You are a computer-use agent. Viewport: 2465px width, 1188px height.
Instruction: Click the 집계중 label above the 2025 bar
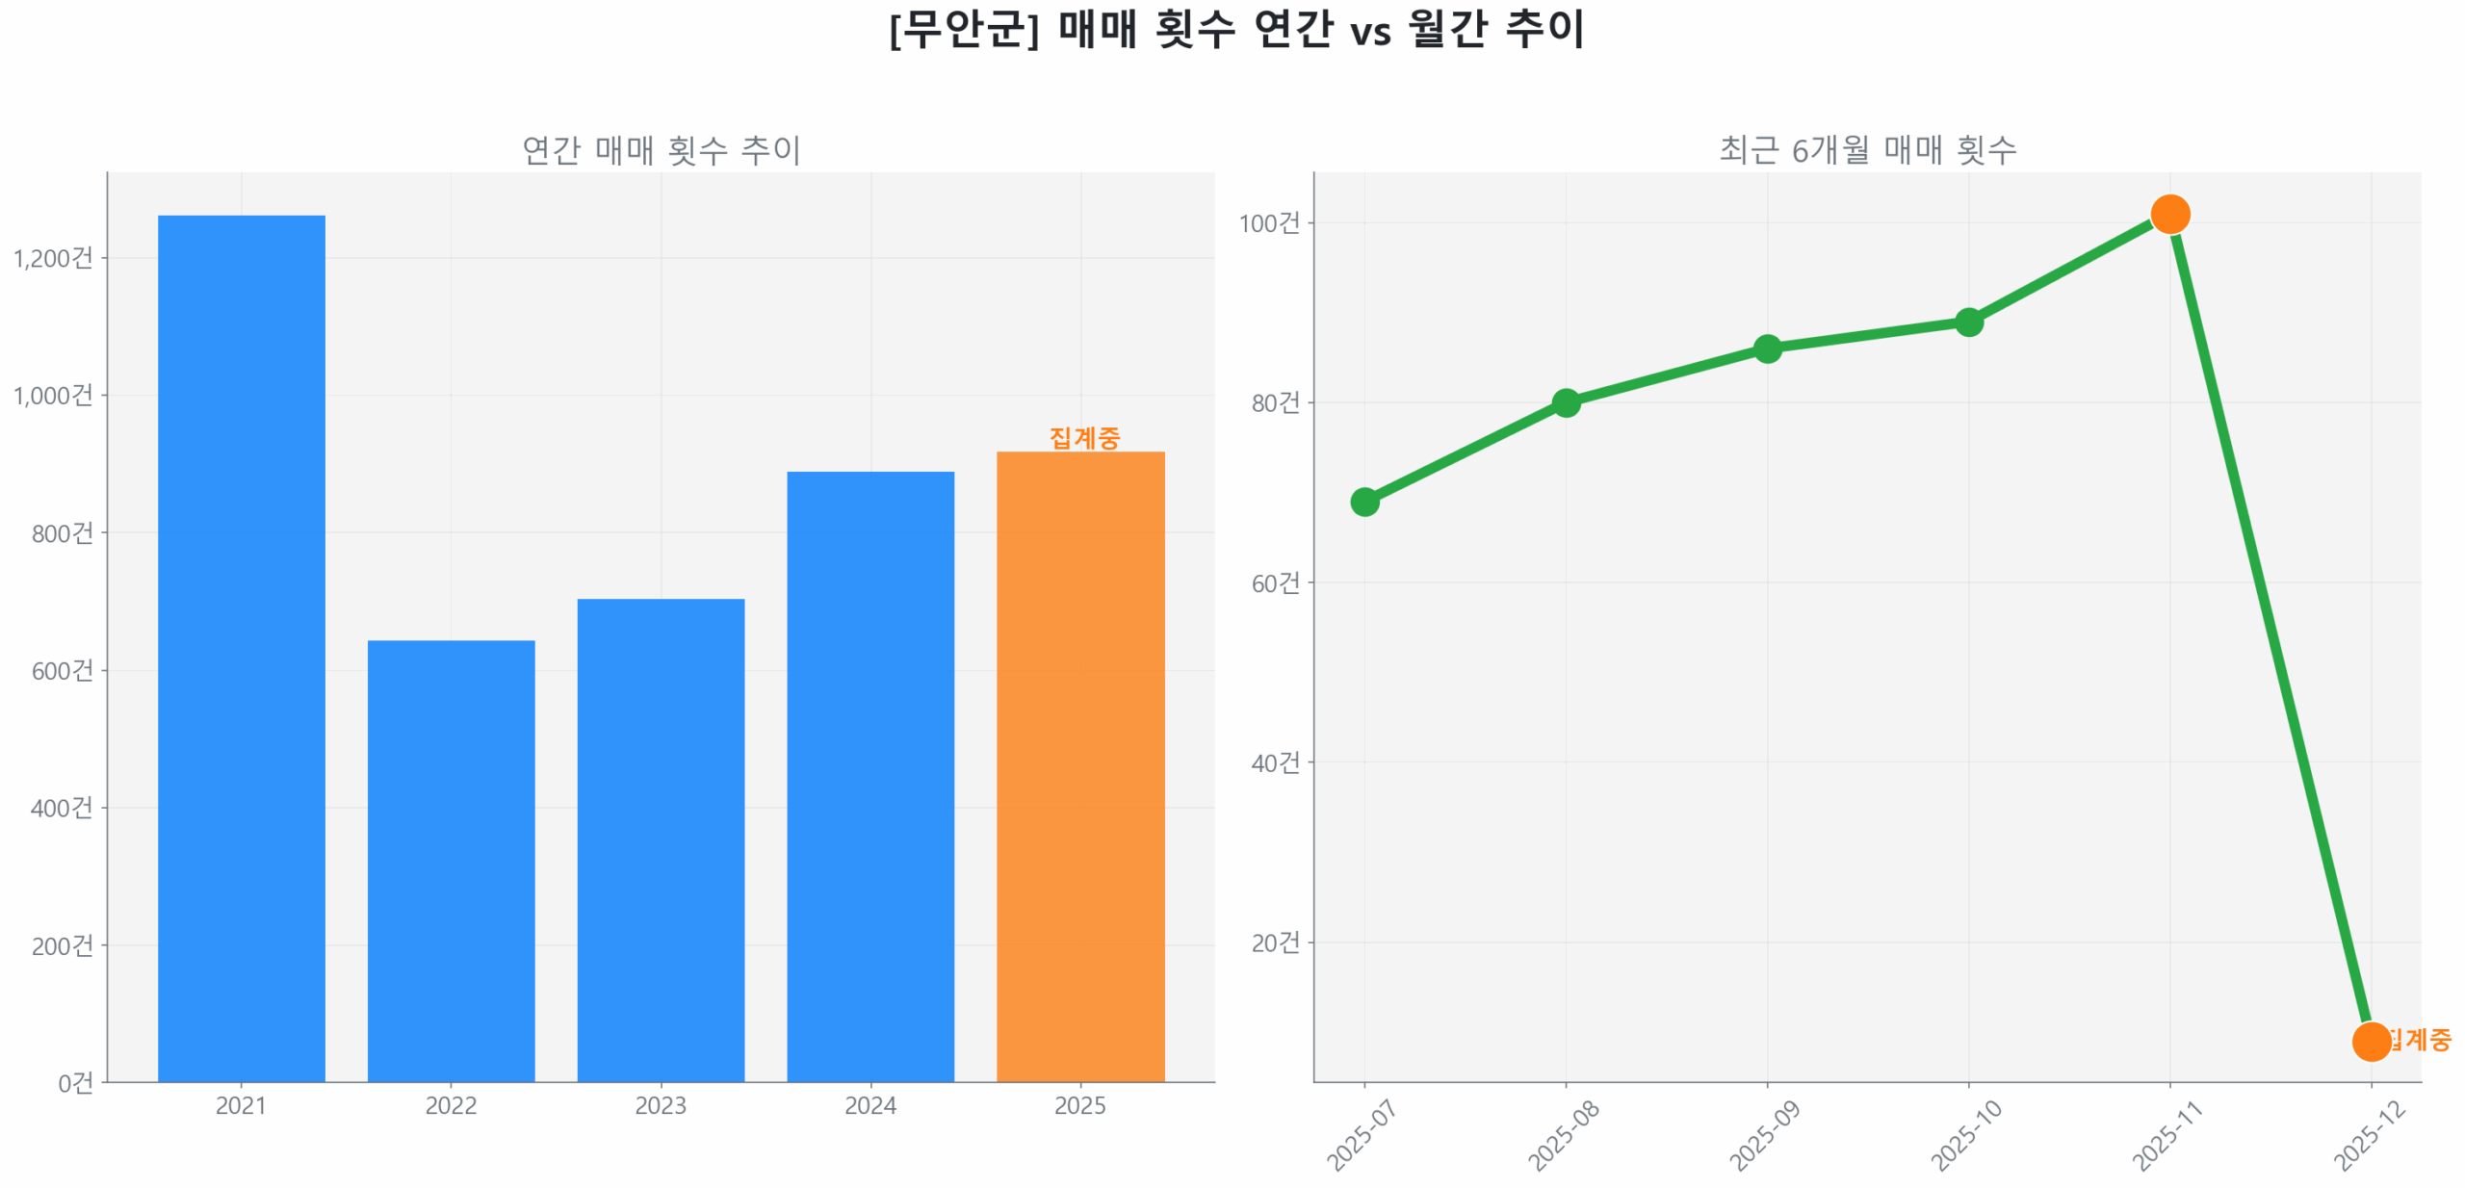(1084, 438)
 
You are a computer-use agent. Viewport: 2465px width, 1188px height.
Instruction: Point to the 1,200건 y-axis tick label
(53, 258)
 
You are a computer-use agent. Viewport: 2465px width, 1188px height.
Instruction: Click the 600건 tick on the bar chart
(63, 670)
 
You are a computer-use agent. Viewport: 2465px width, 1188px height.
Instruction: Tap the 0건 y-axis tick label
(75, 1083)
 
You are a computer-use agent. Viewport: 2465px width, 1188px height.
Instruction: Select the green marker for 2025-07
(1364, 502)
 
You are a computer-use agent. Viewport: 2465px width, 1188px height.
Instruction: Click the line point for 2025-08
(1566, 402)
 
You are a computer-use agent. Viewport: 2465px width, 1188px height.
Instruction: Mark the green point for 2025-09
(1767, 349)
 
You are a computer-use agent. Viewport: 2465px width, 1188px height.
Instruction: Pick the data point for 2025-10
(1968, 322)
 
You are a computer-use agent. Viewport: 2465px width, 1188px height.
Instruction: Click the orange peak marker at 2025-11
(2169, 214)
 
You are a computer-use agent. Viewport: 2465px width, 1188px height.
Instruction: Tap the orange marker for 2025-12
(2371, 1041)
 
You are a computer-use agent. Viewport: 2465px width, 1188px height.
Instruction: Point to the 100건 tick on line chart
(1268, 223)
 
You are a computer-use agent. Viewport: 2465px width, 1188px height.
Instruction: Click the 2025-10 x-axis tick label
(1965, 1135)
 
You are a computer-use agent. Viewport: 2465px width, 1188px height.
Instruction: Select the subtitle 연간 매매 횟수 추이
(661, 150)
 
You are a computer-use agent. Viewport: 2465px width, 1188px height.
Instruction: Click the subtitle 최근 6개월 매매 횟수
(1867, 150)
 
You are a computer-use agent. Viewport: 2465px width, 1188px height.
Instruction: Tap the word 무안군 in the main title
(963, 29)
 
